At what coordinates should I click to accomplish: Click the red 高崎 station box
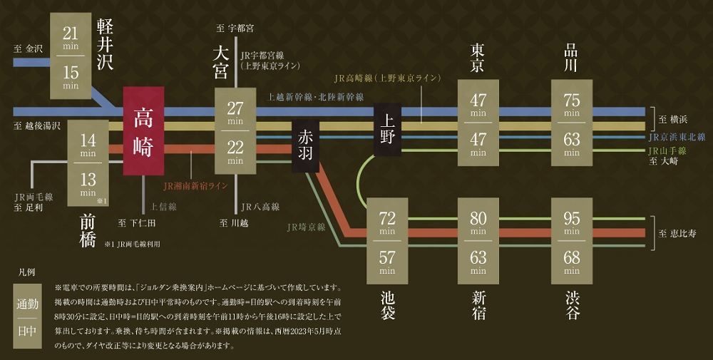143,131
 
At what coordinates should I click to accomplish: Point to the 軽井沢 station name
105,44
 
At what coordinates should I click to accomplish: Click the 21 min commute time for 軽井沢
70,36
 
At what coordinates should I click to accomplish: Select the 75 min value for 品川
572,102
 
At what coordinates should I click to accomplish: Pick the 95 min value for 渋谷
572,220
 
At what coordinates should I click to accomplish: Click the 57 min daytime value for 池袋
387,259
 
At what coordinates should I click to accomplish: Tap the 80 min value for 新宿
478,220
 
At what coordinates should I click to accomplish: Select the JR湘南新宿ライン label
195,186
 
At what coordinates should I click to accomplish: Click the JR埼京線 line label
306,227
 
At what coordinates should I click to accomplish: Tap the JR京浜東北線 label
677,137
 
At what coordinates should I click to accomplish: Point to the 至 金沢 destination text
29,49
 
